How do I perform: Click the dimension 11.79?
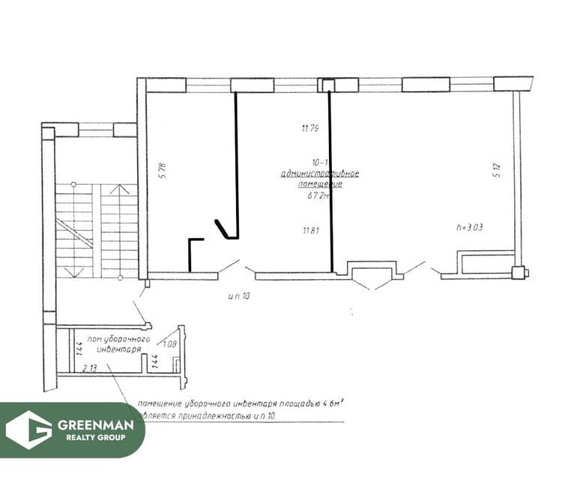(310, 128)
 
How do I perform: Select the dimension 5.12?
(496, 170)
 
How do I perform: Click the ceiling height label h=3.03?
(470, 226)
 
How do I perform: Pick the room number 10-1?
(318, 161)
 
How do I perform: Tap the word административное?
(319, 173)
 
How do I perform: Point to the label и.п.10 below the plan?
(238, 297)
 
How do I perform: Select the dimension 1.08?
(169, 344)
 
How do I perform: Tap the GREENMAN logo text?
(96, 425)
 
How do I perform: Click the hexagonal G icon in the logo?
(28, 430)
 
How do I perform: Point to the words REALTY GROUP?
(96, 437)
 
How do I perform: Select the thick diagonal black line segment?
(224, 228)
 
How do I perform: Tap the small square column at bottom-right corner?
(516, 271)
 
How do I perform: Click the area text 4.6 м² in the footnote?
(330, 404)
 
